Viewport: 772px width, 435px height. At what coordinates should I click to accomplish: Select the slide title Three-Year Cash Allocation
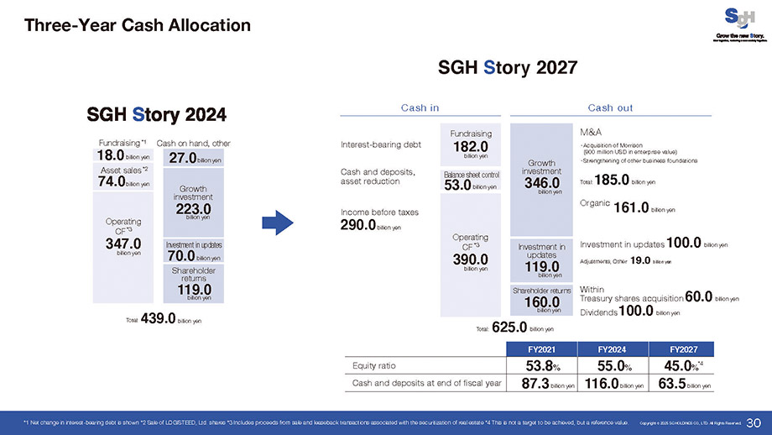tap(138, 25)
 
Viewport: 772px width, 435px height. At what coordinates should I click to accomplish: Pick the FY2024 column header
tap(610, 348)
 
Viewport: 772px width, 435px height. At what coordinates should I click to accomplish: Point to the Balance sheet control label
tap(472, 175)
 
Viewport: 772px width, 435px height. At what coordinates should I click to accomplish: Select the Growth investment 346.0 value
tap(541, 183)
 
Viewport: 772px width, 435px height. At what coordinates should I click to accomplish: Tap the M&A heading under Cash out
tap(591, 132)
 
